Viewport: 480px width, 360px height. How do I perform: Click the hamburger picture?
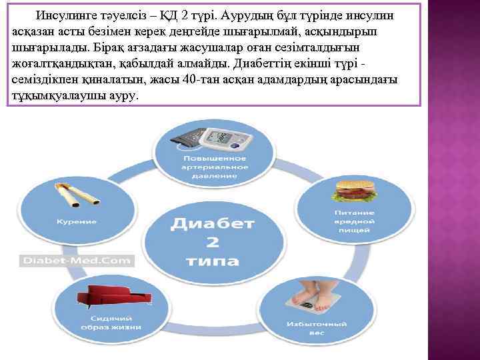[355, 189]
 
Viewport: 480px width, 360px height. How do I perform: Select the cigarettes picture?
[77, 195]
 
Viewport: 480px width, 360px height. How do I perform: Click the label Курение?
[76, 221]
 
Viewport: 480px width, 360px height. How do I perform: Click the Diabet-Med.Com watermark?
[68, 261]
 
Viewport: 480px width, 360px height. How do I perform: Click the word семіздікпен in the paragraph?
[42, 81]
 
